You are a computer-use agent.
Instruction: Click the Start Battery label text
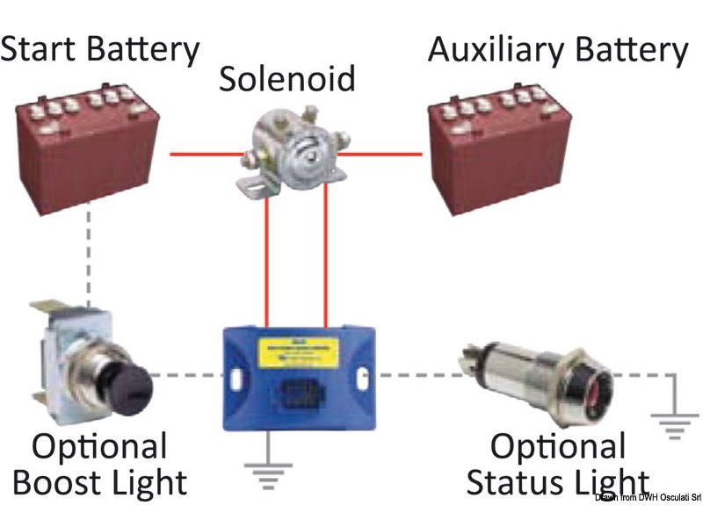(x=99, y=50)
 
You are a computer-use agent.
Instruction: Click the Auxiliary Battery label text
(x=557, y=50)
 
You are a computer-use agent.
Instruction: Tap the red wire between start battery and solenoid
(x=204, y=155)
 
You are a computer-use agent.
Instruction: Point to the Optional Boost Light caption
(x=100, y=466)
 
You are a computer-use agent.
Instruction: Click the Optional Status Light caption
(x=557, y=466)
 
